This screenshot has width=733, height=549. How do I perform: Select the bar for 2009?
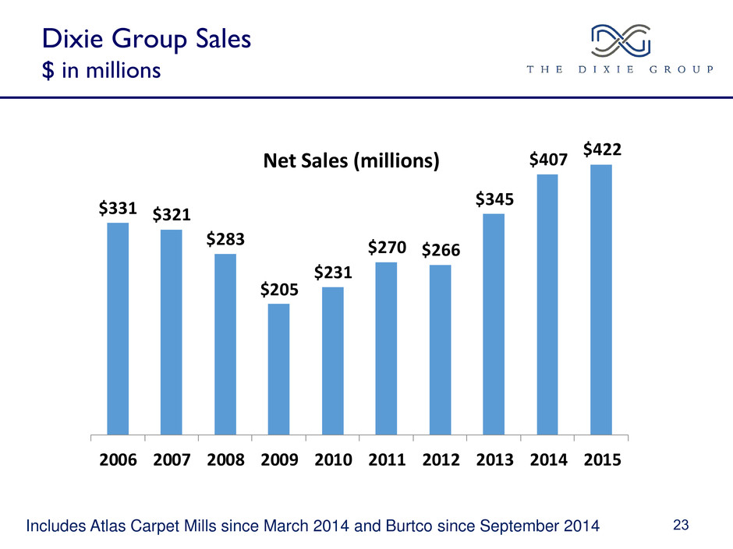point(278,368)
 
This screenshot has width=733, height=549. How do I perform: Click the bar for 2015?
point(601,299)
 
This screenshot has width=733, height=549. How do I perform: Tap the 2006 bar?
point(118,328)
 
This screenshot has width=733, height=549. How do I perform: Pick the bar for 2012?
point(440,349)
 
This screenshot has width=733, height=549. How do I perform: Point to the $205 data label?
point(278,290)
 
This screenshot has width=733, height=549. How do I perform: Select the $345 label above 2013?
point(494,199)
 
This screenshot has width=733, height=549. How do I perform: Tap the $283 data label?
point(225,240)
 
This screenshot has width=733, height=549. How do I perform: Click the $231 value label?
point(333,273)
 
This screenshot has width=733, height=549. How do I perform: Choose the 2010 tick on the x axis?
point(333,459)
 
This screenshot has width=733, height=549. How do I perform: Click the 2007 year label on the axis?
point(172,459)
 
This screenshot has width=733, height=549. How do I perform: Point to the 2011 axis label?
point(386,459)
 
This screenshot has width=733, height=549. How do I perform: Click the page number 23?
point(681,526)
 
